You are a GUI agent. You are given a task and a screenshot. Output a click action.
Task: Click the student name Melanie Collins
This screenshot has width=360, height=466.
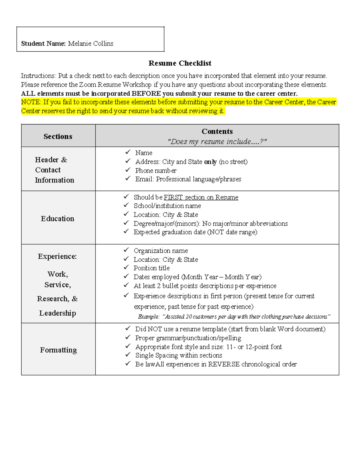point(91,44)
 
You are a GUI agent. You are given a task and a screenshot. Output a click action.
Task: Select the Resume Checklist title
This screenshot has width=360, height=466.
point(180,63)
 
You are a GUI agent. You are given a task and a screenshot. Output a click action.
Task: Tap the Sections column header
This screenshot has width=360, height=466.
point(58,137)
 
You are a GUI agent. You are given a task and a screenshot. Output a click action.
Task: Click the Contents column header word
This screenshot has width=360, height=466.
point(217,131)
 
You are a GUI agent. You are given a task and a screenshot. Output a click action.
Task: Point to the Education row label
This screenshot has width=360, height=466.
point(58,219)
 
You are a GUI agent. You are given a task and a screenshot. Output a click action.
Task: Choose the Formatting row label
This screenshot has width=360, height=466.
point(58,350)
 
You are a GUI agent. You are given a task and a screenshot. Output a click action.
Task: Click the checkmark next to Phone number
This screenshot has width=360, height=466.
point(128,170)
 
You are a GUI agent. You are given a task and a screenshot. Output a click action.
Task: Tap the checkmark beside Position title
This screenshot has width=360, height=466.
point(126,267)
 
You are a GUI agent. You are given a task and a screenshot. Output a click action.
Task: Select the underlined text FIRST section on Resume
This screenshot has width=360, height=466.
point(201,197)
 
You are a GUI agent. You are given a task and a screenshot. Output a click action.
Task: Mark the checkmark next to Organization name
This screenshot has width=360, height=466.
point(126,250)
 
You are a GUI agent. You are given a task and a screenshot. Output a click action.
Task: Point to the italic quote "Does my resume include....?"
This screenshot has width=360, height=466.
point(217,142)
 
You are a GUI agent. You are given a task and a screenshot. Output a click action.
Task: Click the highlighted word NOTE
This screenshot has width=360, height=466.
point(30,102)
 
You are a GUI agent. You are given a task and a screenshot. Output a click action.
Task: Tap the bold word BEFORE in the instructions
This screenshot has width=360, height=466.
point(146,94)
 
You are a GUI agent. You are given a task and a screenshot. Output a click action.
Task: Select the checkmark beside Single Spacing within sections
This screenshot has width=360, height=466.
point(128,355)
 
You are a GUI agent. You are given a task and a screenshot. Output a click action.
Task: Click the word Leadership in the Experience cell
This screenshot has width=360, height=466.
point(58,313)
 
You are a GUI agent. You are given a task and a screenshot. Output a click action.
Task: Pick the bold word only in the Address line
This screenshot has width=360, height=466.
point(210,162)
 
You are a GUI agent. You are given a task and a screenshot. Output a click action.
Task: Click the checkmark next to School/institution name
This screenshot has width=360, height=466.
point(126,205)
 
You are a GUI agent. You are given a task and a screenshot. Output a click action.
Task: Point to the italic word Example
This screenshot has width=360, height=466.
point(148,317)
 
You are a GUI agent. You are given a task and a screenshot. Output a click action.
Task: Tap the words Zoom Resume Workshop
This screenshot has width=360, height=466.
point(115,85)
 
